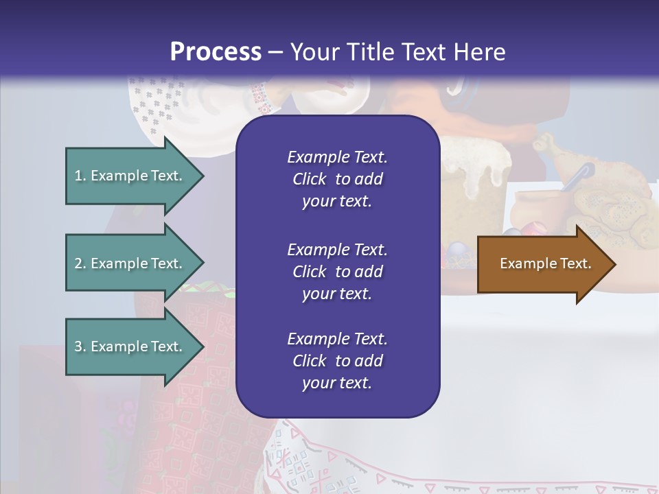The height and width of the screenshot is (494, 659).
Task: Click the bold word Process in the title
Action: click(216, 52)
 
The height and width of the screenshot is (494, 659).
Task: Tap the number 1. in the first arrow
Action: click(80, 176)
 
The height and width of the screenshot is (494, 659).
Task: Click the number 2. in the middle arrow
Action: click(80, 263)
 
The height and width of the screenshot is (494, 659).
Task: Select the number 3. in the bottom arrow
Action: click(80, 346)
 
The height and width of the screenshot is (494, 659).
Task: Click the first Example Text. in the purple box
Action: click(337, 157)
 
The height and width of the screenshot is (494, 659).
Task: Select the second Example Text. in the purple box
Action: click(337, 249)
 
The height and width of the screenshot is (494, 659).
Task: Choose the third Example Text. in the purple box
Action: click(337, 339)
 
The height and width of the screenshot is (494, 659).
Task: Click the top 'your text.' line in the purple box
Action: click(337, 202)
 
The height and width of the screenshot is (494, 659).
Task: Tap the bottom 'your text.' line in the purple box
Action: click(337, 383)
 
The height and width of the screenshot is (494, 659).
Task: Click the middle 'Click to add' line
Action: click(337, 272)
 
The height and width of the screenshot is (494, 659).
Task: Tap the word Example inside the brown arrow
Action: click(525, 263)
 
